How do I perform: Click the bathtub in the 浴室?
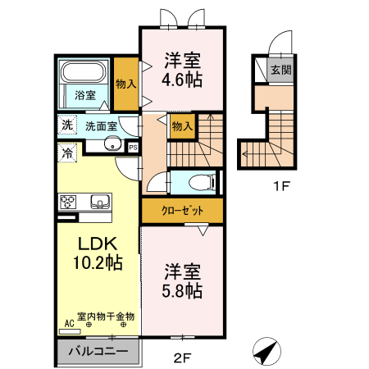click(x=84, y=71)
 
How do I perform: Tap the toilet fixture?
click(x=203, y=182)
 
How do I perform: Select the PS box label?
click(x=133, y=148)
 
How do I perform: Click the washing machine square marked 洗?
click(x=67, y=125)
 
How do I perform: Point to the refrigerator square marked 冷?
click(x=67, y=153)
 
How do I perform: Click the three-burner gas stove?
click(x=68, y=203)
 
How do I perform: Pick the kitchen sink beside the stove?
click(x=100, y=202)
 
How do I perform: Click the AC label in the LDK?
click(x=70, y=324)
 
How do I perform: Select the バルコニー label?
click(x=98, y=351)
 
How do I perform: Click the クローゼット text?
click(x=182, y=211)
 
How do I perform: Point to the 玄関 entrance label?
click(x=281, y=70)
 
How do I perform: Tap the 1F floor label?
click(x=281, y=186)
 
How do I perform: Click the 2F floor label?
click(x=182, y=358)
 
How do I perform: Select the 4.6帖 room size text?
click(x=182, y=80)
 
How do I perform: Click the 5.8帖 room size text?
click(x=182, y=290)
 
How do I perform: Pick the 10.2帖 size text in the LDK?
click(x=98, y=262)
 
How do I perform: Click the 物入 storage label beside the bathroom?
click(x=126, y=84)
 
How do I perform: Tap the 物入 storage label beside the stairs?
click(x=182, y=126)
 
